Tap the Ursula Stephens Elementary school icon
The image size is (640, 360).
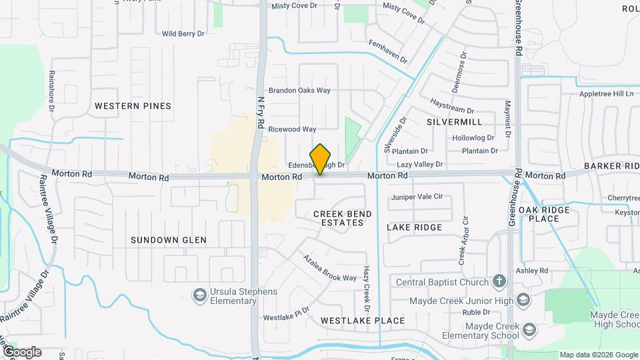pyautogui.click(x=199, y=294)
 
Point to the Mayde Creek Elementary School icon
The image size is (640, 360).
pyautogui.click(x=529, y=329)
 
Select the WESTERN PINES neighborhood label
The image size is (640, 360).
pyautogui.click(x=133, y=106)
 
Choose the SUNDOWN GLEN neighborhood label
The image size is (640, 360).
pyautogui.click(x=168, y=240)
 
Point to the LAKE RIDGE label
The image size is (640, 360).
pyautogui.click(x=414, y=227)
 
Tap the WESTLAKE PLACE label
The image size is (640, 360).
pyautogui.click(x=362, y=321)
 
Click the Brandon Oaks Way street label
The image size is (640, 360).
pyautogui.click(x=299, y=91)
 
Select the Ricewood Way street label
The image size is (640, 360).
pyautogui.click(x=292, y=129)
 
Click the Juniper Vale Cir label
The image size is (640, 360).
pyautogui.click(x=417, y=197)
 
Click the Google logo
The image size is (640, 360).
pyautogui.click(x=21, y=351)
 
